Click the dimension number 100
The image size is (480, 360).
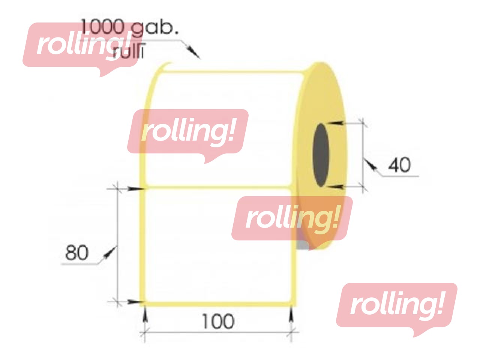(x=218, y=321)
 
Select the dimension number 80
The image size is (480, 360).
(x=77, y=253)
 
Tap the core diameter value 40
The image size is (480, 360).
(x=399, y=165)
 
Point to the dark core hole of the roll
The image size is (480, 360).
(x=321, y=155)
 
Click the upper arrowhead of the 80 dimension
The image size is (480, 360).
(x=134, y=188)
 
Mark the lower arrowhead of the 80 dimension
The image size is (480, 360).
(x=134, y=301)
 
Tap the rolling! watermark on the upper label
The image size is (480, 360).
(x=187, y=131)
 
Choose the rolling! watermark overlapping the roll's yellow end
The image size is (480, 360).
(x=292, y=218)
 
